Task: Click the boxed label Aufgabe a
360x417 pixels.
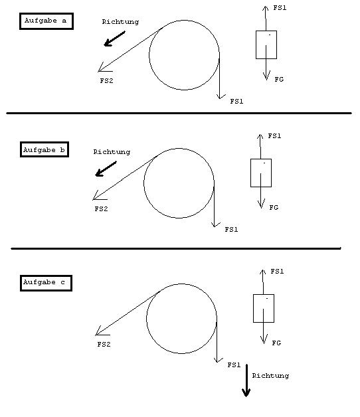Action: click(x=46, y=21)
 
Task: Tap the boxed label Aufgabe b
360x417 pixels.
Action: click(x=45, y=149)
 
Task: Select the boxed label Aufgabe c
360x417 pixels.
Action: click(x=46, y=283)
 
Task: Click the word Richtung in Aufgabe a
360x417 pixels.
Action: click(x=120, y=22)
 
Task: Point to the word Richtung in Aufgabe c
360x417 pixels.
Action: click(x=270, y=376)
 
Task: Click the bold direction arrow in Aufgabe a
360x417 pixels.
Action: click(x=114, y=39)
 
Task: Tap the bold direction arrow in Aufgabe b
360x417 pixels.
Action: click(x=106, y=169)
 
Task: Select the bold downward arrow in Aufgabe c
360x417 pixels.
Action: click(x=246, y=380)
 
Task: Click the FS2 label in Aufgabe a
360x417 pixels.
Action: click(x=106, y=80)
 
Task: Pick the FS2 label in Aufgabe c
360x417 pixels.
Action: click(x=104, y=345)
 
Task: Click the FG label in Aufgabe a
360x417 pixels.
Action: click(x=279, y=79)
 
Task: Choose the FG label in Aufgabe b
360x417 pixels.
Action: click(x=274, y=207)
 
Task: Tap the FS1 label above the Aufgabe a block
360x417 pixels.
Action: click(x=280, y=8)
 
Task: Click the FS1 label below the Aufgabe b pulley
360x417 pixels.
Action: click(x=231, y=230)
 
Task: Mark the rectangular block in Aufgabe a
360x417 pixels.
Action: click(x=266, y=44)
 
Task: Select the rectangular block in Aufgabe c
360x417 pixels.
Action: click(x=264, y=309)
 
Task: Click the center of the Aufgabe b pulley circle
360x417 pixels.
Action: click(x=179, y=183)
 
